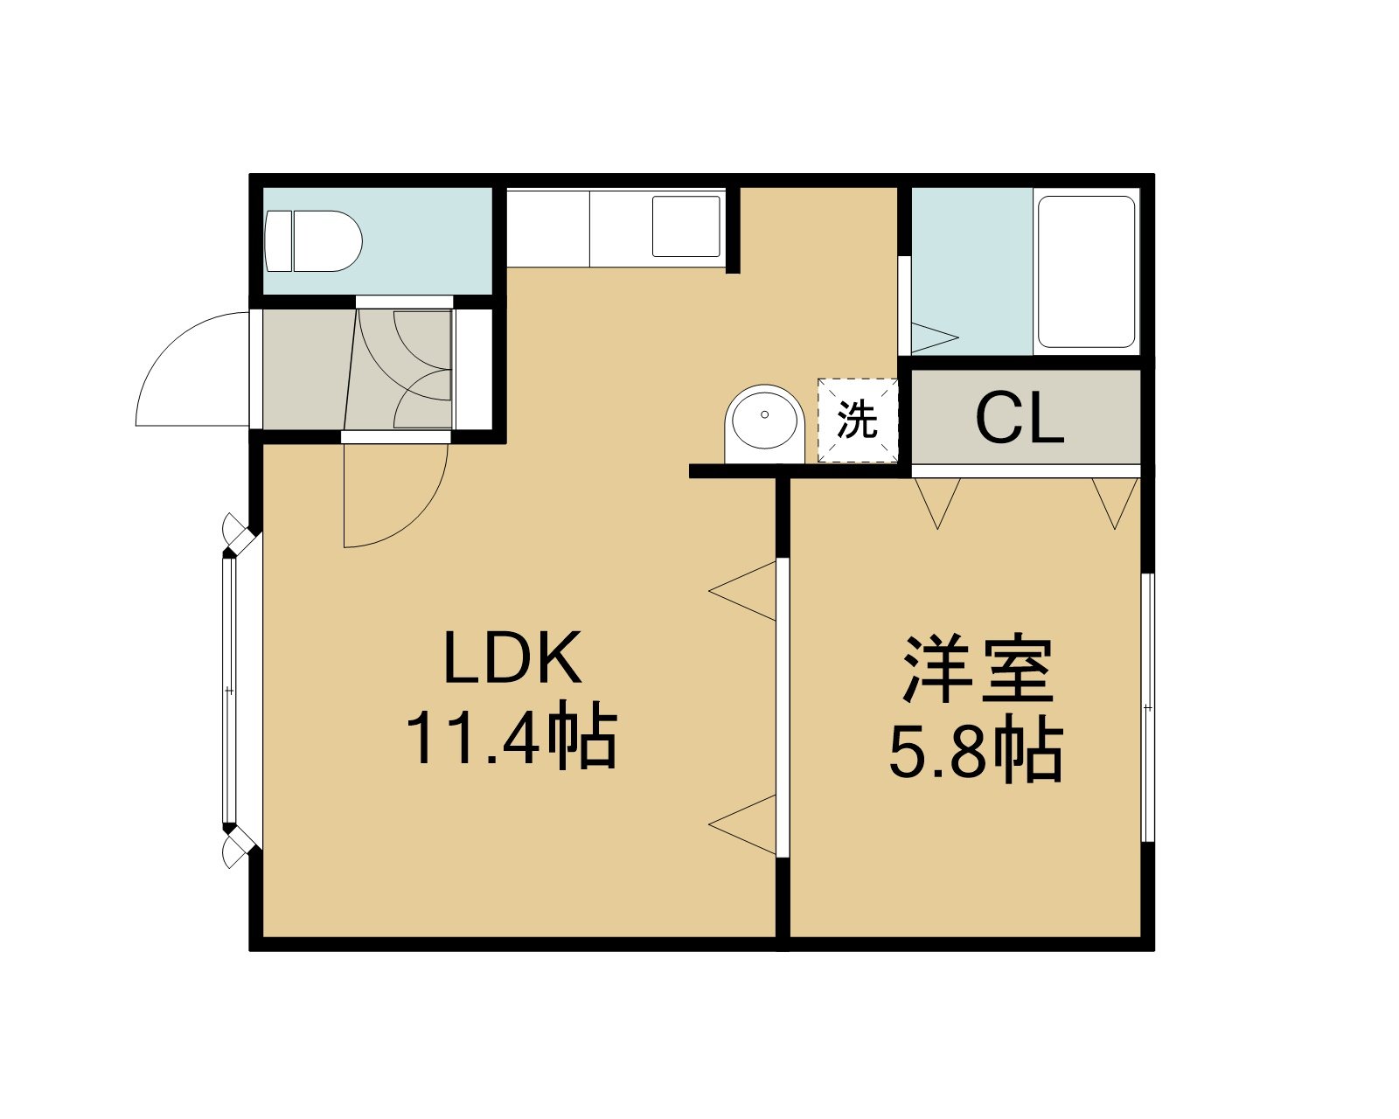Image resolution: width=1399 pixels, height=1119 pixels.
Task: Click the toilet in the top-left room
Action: pos(313,240)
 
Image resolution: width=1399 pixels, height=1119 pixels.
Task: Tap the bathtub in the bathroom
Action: pos(1086,272)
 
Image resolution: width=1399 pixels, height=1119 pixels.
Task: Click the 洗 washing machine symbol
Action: pos(858,420)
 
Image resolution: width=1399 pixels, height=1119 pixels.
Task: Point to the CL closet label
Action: pos(1020,419)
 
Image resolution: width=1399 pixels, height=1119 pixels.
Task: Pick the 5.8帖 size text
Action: pos(976,753)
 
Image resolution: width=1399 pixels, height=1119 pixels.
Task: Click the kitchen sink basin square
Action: pos(686,226)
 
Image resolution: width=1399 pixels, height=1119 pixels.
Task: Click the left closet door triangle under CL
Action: pos(937,504)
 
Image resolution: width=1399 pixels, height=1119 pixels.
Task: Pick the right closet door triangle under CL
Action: pos(1115,504)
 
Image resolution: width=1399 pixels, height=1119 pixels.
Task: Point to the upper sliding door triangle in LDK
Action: pos(742,591)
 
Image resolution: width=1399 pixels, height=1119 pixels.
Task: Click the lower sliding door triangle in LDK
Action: pos(742,824)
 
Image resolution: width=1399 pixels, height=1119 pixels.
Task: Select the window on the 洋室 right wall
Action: pos(1148,707)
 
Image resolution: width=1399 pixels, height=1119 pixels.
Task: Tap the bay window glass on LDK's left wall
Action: pos(229,691)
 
